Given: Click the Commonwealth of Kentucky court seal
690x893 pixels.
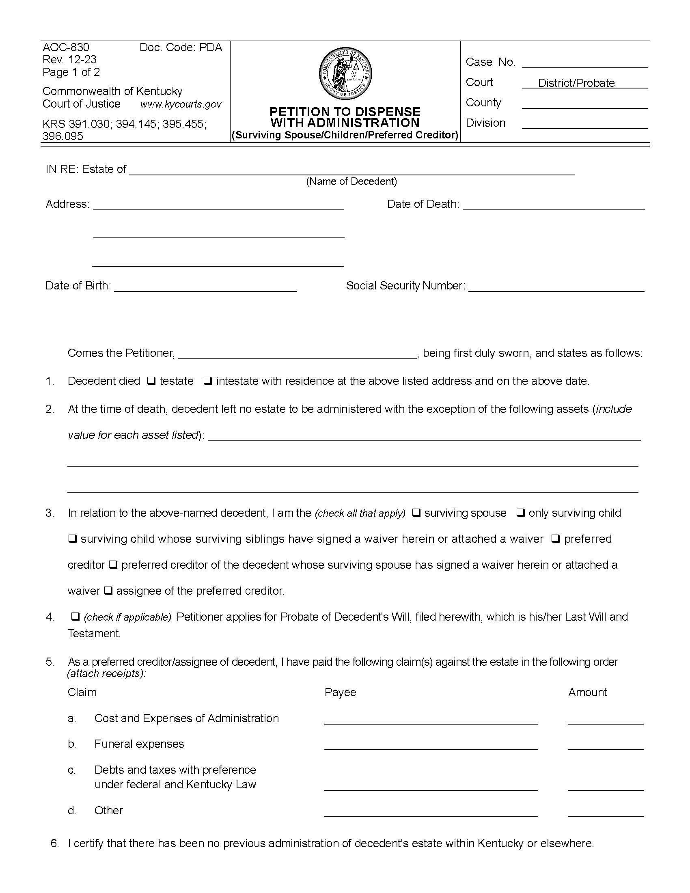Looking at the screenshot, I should point(345,73).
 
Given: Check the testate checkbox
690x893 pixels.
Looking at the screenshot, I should point(151,381).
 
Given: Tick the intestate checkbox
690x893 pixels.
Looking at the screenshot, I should point(208,381).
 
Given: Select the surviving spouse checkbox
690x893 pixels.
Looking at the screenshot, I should point(416,513).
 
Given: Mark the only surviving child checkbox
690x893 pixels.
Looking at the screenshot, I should point(520,513).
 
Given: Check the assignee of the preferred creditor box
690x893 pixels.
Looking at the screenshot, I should point(108,591).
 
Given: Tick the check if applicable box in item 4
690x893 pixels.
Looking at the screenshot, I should point(75,616).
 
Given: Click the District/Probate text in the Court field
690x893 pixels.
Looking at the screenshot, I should point(576,83).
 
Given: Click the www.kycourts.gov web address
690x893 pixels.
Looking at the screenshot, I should point(181,104).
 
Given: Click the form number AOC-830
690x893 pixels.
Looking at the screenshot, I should point(66,47).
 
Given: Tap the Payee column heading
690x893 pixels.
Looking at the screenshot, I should point(340,692).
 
